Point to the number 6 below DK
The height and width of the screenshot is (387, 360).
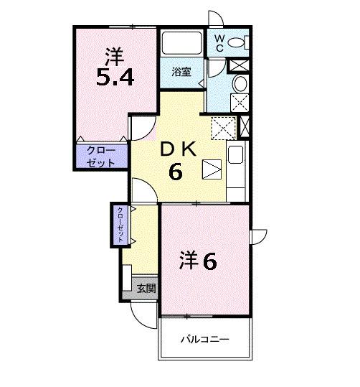click(x=176, y=172)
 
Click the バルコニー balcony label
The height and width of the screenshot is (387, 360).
click(x=204, y=339)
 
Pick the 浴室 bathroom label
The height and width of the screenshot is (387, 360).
click(x=181, y=72)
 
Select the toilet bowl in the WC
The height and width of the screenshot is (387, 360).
click(x=240, y=42)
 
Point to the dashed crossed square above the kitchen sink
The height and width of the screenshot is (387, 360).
click(x=224, y=127)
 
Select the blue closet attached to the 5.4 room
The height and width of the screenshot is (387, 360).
click(x=102, y=156)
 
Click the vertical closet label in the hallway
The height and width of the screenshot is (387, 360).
click(x=120, y=225)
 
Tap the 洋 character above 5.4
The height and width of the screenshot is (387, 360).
click(x=113, y=52)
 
